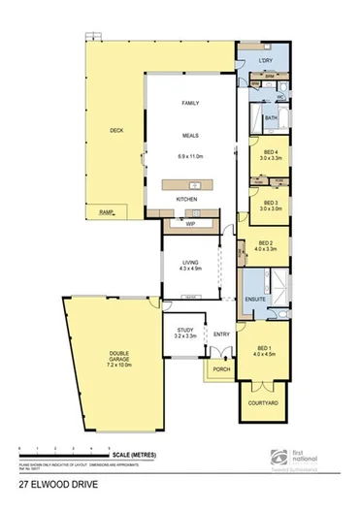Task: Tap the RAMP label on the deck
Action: tap(107, 211)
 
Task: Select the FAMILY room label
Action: tap(189, 102)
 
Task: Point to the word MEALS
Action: tap(189, 137)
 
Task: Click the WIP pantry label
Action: tap(190, 222)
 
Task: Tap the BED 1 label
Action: tap(265, 347)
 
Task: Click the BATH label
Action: tap(272, 118)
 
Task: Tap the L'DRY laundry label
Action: tap(265, 61)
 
